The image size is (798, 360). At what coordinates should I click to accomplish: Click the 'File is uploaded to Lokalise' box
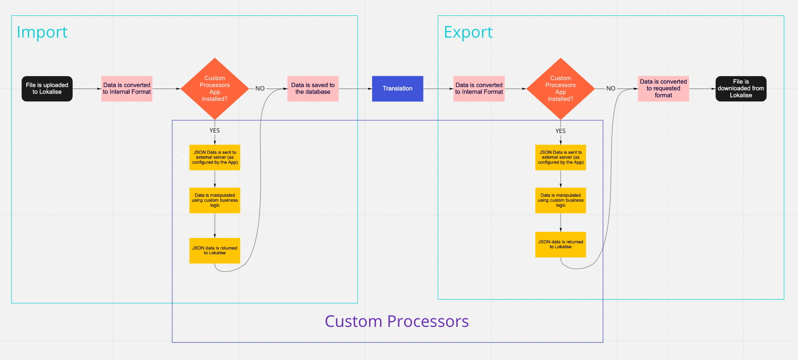pyautogui.click(x=47, y=89)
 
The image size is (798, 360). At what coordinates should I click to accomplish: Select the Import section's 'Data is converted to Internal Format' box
pyautogui.click(x=127, y=89)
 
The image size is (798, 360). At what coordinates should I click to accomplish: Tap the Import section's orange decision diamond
pyautogui.click(x=215, y=89)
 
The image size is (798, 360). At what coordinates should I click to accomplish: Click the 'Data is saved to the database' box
pyautogui.click(x=313, y=89)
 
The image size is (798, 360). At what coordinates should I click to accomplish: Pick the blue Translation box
pyautogui.click(x=397, y=89)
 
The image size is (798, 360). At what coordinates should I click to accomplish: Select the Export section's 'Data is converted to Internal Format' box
pyautogui.click(x=479, y=89)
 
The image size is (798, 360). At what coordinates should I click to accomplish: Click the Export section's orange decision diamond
pyautogui.click(x=561, y=89)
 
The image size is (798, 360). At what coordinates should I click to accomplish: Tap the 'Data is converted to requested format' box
pyautogui.click(x=663, y=89)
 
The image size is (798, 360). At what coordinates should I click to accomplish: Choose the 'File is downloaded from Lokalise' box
pyautogui.click(x=741, y=89)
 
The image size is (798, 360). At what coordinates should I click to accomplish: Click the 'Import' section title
pyautogui.click(x=42, y=32)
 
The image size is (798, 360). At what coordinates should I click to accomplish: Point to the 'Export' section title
pyautogui.click(x=468, y=32)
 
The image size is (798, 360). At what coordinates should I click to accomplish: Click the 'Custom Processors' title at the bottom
pyautogui.click(x=396, y=321)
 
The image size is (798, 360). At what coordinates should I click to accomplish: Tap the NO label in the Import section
pyautogui.click(x=260, y=89)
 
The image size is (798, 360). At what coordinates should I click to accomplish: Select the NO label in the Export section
pyautogui.click(x=610, y=89)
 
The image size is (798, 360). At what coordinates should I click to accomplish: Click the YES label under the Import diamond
pyautogui.click(x=215, y=131)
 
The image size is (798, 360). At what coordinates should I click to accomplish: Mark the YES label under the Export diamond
pyautogui.click(x=561, y=131)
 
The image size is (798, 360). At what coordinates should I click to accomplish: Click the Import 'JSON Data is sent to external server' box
pyautogui.click(x=215, y=157)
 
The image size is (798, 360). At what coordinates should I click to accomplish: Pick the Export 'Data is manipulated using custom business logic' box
pyautogui.click(x=561, y=200)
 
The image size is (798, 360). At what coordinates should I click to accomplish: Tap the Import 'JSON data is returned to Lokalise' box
pyautogui.click(x=215, y=251)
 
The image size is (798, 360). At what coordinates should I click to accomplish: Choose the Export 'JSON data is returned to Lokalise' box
pyautogui.click(x=561, y=244)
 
